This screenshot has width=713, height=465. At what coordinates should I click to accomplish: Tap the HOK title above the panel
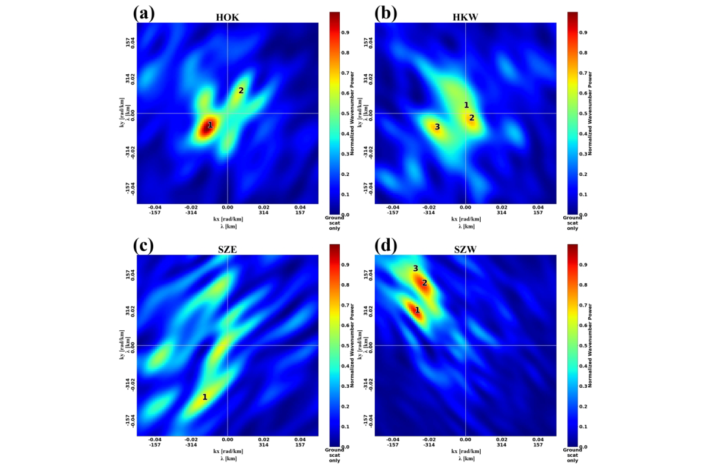[228, 18]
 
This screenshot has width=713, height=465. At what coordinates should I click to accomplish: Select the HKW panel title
[466, 18]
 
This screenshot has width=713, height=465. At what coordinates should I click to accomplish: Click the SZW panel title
[466, 250]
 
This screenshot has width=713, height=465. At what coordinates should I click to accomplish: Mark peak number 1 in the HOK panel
[210, 125]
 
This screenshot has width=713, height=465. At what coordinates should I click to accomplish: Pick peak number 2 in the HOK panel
[241, 91]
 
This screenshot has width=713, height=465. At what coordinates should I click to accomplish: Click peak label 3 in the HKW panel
[437, 127]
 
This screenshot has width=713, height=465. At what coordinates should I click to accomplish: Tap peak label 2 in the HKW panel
[472, 118]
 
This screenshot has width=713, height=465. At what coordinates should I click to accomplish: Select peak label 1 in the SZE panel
[205, 397]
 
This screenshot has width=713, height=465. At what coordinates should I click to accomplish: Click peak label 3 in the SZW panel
[416, 269]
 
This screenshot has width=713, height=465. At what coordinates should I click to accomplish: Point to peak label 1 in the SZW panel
[417, 310]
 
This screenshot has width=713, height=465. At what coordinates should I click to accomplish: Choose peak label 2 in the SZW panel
[425, 283]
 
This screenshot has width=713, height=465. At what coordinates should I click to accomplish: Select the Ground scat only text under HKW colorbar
[573, 223]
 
